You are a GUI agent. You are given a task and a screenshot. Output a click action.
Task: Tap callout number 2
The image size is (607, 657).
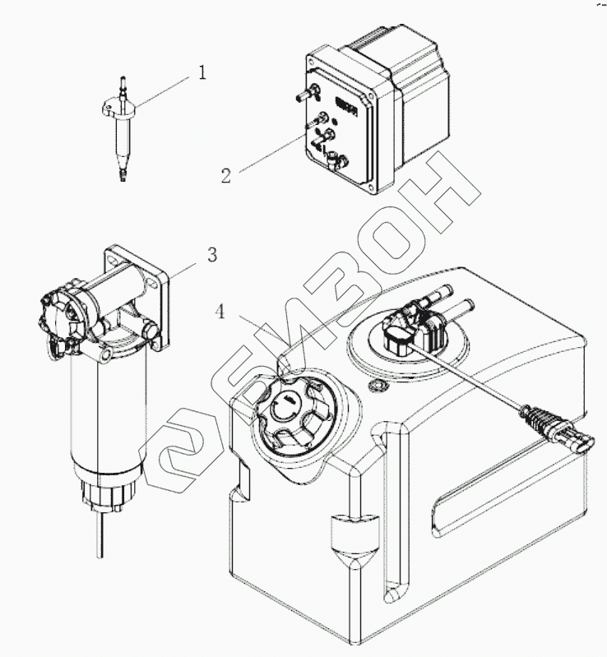pyautogui.click(x=225, y=174)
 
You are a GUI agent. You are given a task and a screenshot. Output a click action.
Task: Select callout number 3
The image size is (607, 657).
pyautogui.click(x=211, y=255)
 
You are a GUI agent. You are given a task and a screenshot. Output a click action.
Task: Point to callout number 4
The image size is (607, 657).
pyautogui.click(x=219, y=312)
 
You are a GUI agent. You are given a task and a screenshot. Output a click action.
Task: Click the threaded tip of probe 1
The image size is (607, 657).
pyautogui.click(x=123, y=175)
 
